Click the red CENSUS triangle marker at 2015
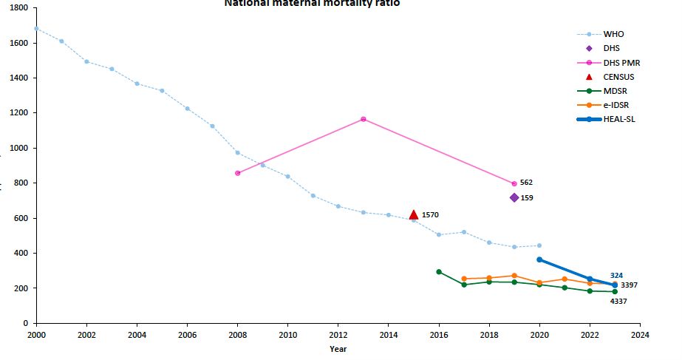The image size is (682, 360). click(x=414, y=214)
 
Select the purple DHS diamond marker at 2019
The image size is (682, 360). click(x=514, y=197)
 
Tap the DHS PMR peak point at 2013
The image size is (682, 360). click(x=363, y=119)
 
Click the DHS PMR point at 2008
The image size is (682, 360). click(x=237, y=173)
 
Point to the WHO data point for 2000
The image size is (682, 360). click(x=36, y=28)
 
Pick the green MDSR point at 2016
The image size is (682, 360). click(x=439, y=271)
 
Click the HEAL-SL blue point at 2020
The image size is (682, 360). click(x=539, y=259)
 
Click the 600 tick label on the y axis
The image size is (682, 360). click(x=21, y=218)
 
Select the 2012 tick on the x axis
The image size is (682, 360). click(x=338, y=335)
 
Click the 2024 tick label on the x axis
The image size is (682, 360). click(x=640, y=335)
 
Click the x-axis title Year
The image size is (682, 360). click(x=338, y=349)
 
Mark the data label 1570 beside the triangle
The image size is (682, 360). click(x=430, y=215)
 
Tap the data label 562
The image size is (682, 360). click(x=526, y=182)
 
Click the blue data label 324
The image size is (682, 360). click(x=616, y=276)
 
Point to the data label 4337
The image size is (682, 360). click(x=618, y=301)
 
